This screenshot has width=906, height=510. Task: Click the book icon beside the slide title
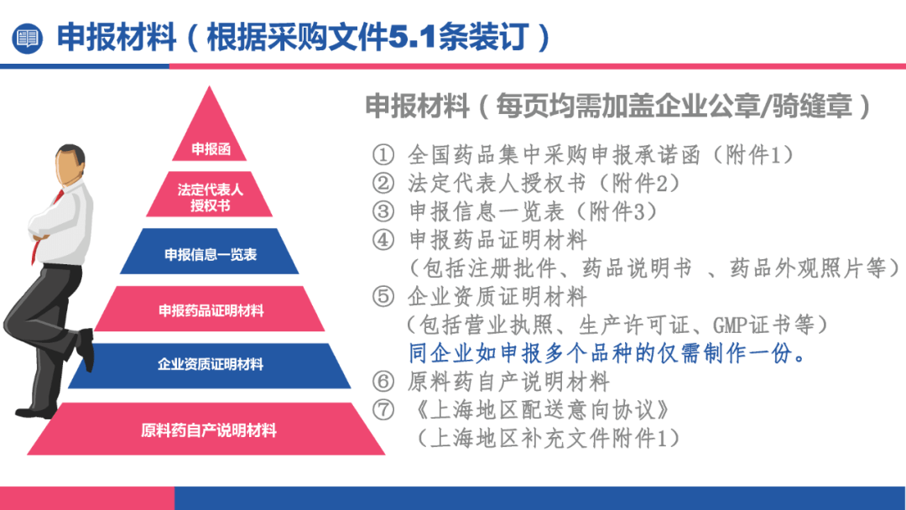click(x=29, y=38)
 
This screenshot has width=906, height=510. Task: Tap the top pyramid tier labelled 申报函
click(x=210, y=148)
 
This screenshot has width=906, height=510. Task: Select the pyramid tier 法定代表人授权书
click(x=210, y=197)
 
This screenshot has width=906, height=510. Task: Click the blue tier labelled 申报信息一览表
click(x=210, y=254)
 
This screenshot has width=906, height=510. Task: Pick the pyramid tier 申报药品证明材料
click(x=210, y=310)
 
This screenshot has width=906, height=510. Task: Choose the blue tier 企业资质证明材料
click(x=210, y=364)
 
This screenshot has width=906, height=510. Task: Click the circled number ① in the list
click(x=383, y=155)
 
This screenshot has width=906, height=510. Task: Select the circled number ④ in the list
click(x=383, y=240)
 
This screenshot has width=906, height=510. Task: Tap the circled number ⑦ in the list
click(x=383, y=410)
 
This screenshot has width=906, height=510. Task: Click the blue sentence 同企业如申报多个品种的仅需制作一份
click(x=607, y=353)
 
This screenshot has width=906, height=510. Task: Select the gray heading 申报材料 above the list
click(x=418, y=107)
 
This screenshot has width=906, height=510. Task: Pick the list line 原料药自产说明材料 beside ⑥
click(x=508, y=382)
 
